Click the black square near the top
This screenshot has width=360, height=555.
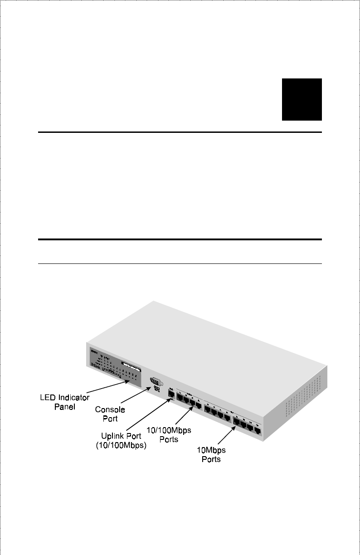coord(302,99)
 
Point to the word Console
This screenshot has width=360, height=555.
coord(110,409)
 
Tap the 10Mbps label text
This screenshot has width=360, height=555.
coord(211,450)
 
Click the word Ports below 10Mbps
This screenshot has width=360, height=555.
coord(211,459)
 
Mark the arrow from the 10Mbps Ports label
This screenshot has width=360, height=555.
coord(224,436)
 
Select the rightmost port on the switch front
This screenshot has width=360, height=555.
coord(257,430)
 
